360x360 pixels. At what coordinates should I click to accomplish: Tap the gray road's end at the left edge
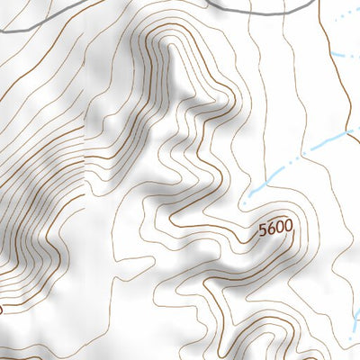[3, 31]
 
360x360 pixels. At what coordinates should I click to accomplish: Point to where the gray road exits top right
[317, 2]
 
